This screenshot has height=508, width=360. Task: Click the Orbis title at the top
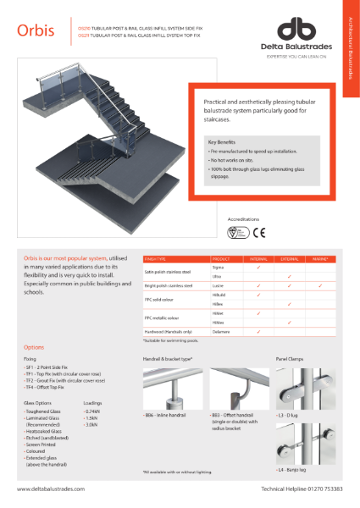pyautogui.click(x=36, y=30)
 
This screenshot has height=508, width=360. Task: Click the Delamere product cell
pyautogui.click(x=223, y=332)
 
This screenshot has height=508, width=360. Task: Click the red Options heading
pyautogui.click(x=34, y=347)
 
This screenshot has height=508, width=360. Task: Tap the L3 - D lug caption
pyautogui.click(x=289, y=415)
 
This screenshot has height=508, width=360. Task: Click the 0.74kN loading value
pyautogui.click(x=93, y=410)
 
